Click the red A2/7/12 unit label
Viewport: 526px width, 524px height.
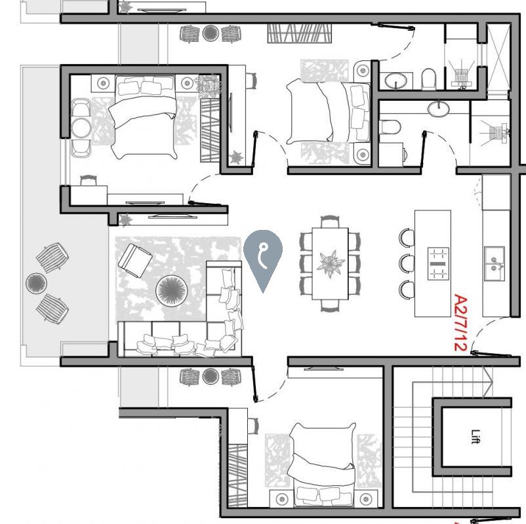click(460, 322)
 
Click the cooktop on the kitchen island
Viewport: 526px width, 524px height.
click(437, 263)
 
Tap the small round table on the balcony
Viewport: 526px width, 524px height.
click(36, 284)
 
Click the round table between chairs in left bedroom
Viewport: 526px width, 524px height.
click(81, 127)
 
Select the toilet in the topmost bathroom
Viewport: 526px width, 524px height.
click(429, 79)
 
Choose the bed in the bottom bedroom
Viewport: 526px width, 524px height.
click(322, 465)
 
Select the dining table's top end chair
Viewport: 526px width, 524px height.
click(330, 221)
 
